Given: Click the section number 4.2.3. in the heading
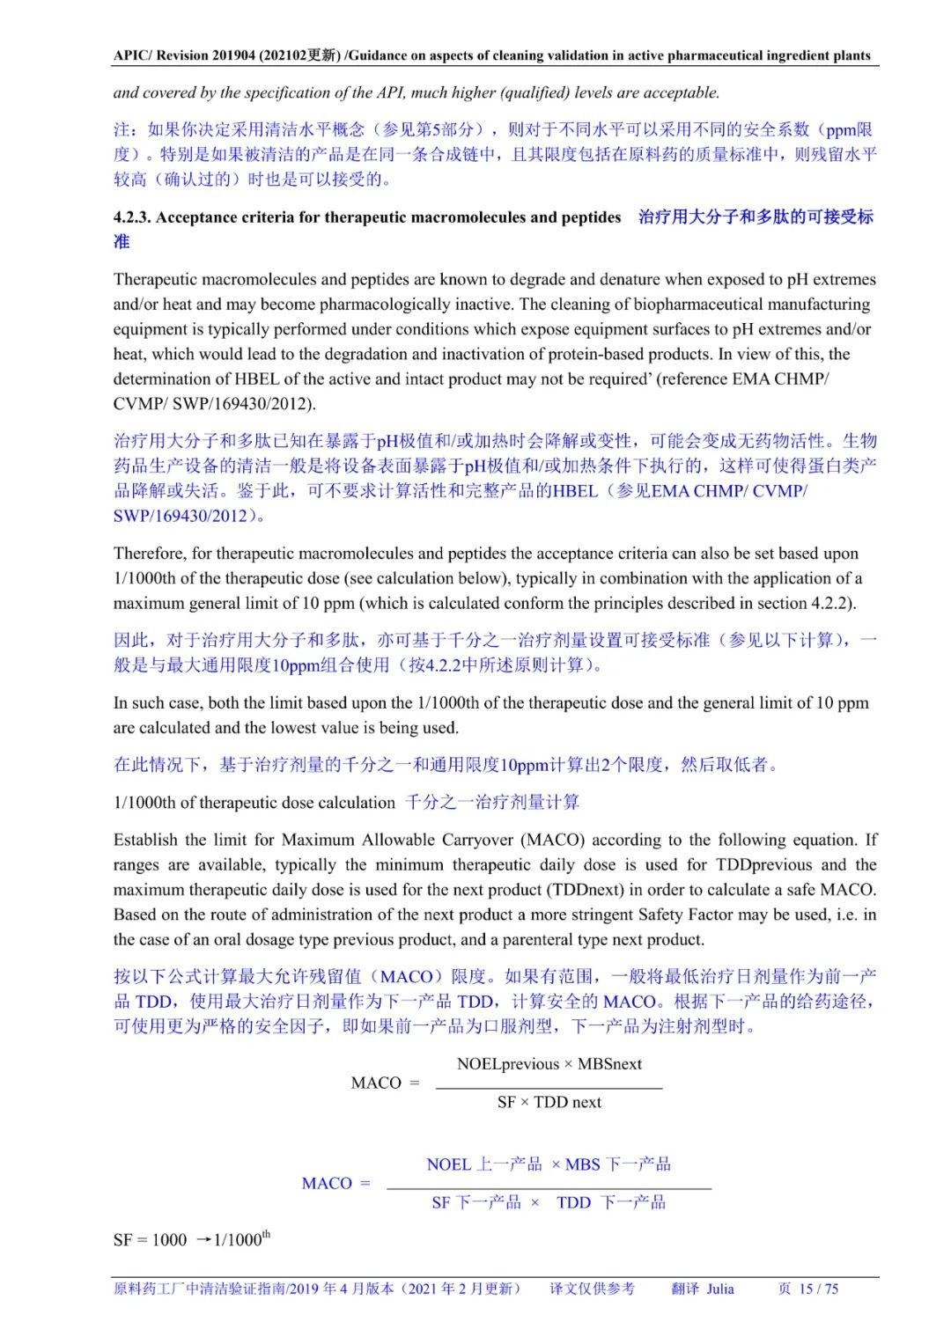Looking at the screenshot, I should pos(132,217).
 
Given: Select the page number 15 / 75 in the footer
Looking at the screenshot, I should pos(819,1289).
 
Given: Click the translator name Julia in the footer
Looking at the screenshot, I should pos(719,1289).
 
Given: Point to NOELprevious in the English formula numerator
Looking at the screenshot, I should pos(508,1064).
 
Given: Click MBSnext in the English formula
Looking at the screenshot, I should pos(609,1064).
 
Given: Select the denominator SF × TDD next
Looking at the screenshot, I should pos(549,1102).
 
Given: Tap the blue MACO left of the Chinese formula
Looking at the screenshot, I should pos(327,1184).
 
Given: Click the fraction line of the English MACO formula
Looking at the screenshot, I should pos(549,1089).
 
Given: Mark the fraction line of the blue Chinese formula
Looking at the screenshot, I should pos(549,1189).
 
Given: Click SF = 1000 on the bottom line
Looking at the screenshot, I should pos(151,1240).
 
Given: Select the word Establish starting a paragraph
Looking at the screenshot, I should pos(146,840).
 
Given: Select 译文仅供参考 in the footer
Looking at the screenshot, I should pos(592,1289).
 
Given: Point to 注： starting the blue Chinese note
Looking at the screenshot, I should pos(127,130).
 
